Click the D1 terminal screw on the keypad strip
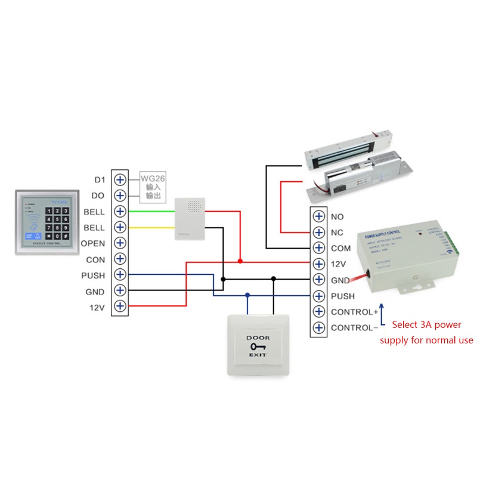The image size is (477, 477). point(120,179)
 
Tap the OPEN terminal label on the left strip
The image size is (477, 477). point(92,243)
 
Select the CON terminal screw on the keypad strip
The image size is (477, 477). point(120,259)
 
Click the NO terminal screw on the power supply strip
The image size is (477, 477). point(319,216)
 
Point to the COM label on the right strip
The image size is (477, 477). point(341,249)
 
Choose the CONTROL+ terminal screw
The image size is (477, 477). point(319,312)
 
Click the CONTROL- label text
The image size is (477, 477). point(354,328)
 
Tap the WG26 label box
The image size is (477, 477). point(154,187)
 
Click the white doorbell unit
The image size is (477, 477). point(190,221)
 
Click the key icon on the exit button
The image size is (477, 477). point(258,346)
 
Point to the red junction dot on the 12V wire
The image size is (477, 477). point(240,261)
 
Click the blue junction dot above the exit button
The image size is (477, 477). point(247,295)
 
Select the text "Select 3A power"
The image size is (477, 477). point(427,325)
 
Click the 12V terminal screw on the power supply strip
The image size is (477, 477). point(319,264)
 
